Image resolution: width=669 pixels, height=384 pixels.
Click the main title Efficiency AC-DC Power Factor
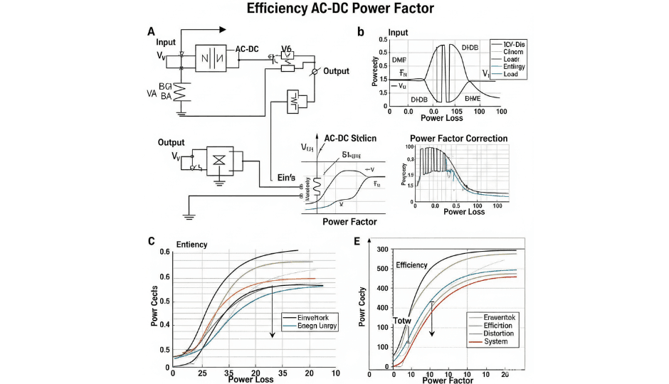click(334, 10)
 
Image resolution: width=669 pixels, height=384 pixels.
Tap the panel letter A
click(151, 31)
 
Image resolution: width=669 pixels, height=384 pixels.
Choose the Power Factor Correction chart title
click(459, 138)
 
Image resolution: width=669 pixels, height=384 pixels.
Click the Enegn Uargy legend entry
click(311, 326)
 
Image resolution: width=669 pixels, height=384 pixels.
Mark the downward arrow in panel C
click(271, 313)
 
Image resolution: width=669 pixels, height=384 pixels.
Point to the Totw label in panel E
click(404, 321)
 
